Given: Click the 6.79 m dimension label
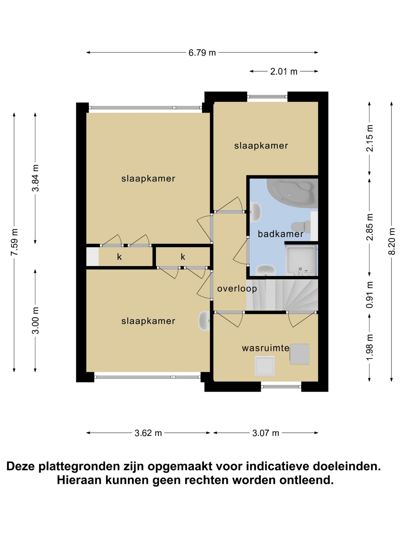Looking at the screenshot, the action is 202,53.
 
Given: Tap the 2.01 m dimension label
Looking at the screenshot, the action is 284,71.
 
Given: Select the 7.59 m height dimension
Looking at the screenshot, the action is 14,242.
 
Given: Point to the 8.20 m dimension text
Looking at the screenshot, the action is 391,241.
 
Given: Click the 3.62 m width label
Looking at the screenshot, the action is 148,433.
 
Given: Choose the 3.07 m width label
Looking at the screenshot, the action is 266,433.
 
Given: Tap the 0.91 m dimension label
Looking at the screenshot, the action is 370,295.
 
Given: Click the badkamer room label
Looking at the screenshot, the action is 281,234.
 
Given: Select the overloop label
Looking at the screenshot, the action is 237,289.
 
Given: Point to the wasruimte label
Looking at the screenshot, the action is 266,348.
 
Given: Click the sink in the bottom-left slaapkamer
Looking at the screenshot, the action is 204,321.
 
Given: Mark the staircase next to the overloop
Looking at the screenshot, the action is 282,295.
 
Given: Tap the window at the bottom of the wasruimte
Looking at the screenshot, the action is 281,386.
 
